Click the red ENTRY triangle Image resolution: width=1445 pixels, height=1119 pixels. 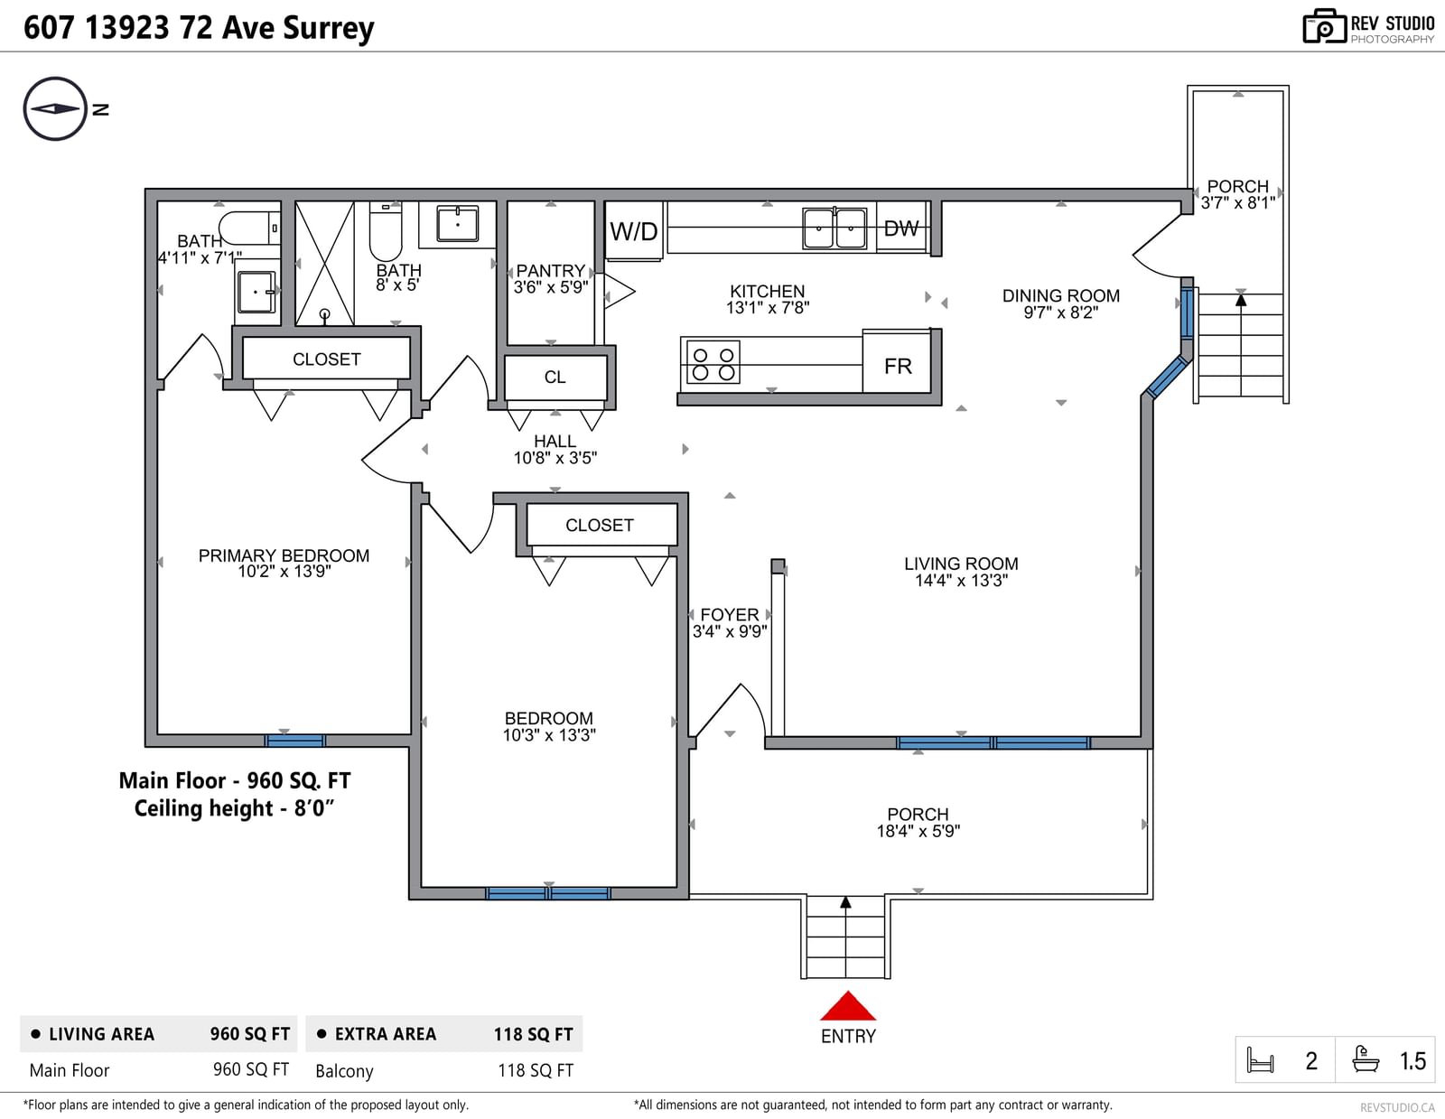[x=848, y=1006]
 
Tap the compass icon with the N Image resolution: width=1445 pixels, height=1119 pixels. [x=55, y=109]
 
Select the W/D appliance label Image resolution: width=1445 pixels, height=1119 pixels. [x=634, y=231]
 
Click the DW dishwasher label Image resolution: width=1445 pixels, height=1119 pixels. [x=901, y=228]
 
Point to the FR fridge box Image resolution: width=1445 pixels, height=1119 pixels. [x=897, y=362]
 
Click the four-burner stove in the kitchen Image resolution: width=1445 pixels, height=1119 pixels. [x=713, y=362]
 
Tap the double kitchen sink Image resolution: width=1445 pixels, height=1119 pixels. [x=834, y=228]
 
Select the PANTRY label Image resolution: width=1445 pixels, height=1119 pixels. [x=551, y=271]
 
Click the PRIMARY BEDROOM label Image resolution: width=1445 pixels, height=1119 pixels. [x=284, y=555]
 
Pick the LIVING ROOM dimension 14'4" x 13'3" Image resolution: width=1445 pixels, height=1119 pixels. [x=961, y=581]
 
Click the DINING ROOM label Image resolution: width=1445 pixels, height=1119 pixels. [x=1060, y=296]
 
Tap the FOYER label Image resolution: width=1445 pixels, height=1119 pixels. [x=730, y=615]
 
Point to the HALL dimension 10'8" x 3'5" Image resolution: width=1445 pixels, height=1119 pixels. [x=555, y=458]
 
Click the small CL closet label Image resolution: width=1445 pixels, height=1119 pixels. [x=555, y=377]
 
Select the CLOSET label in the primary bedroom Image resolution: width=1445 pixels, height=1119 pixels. [x=327, y=359]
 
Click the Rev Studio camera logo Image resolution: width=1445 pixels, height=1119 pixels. [x=1324, y=26]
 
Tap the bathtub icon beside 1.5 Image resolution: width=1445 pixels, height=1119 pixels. [x=1366, y=1059]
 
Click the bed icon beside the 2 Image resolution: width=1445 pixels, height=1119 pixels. [x=1260, y=1060]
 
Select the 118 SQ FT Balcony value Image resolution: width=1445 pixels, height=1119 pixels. [x=536, y=1070]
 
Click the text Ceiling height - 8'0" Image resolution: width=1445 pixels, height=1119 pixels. [x=234, y=808]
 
